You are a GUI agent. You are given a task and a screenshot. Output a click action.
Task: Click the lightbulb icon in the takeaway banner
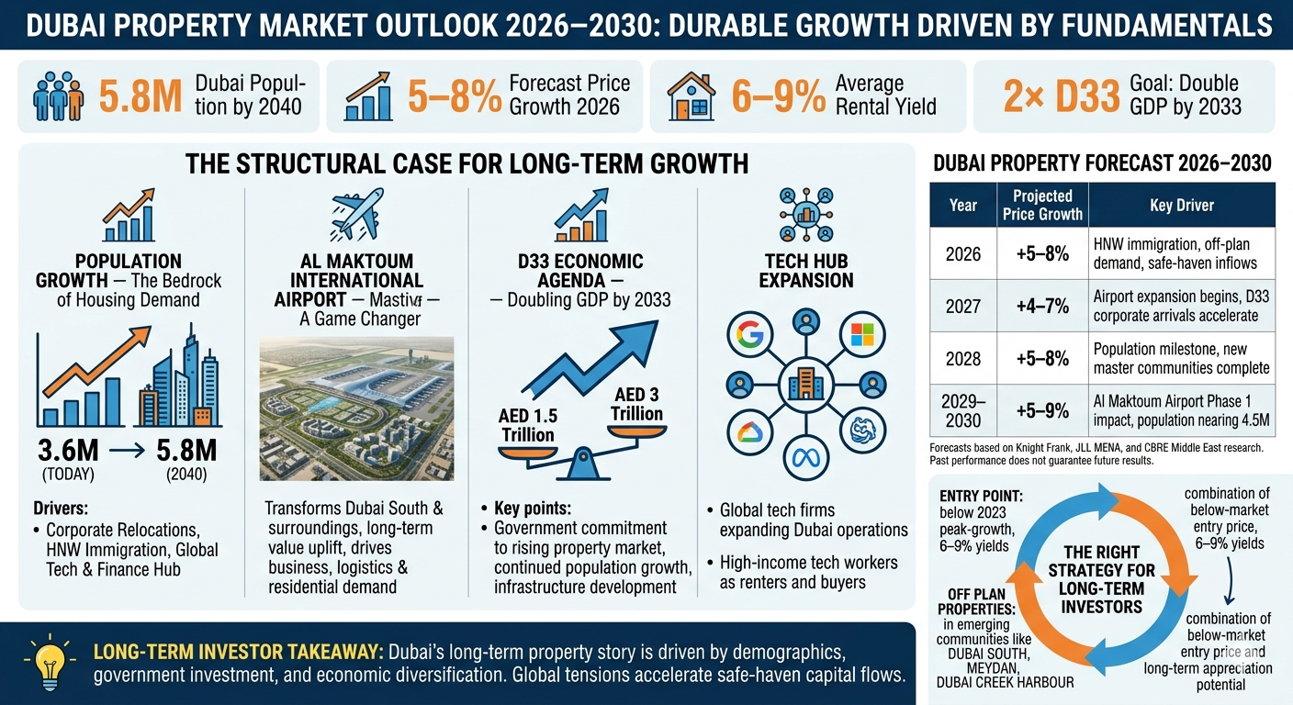50,662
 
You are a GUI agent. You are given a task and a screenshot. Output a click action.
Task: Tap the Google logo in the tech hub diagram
750,335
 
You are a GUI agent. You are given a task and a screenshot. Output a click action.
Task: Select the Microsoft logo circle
862,335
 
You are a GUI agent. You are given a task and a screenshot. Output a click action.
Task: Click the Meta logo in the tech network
805,458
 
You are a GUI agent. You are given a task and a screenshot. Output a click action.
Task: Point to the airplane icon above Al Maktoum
357,214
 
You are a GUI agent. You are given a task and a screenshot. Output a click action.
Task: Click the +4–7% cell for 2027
1042,306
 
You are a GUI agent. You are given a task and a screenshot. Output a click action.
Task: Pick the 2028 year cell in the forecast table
962,358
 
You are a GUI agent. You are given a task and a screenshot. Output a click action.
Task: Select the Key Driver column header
1182,205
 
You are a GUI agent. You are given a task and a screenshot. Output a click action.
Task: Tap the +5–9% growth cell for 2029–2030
1042,410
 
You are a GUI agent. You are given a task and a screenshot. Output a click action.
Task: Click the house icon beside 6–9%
691,96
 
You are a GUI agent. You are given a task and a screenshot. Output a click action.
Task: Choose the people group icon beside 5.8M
58,96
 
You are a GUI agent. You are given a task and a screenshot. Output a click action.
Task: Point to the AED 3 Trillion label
636,404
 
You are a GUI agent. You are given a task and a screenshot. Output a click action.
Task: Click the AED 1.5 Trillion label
528,425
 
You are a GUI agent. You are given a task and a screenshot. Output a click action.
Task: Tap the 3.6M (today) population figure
68,451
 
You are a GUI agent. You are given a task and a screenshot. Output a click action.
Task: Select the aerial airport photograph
356,408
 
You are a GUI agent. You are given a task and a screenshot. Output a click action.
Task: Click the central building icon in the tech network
805,385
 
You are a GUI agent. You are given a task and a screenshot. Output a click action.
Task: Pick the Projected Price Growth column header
1042,205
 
